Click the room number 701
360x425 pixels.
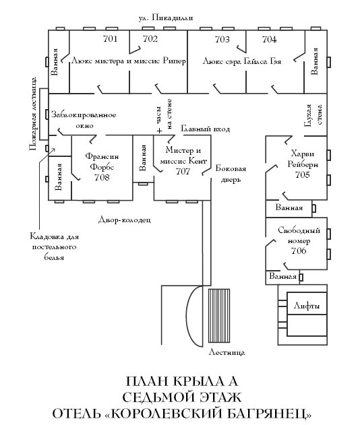click(x=111, y=39)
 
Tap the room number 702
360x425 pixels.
click(x=150, y=39)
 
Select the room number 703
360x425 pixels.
click(x=222, y=39)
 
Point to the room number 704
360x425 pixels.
click(x=268, y=39)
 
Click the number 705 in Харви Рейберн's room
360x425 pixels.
click(x=302, y=174)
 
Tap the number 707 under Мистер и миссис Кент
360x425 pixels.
click(x=183, y=172)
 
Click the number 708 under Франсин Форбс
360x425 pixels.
click(x=102, y=177)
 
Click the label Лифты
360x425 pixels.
click(x=306, y=306)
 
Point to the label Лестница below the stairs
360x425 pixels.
click(x=227, y=352)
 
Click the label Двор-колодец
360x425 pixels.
click(x=124, y=220)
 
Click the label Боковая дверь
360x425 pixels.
click(x=231, y=174)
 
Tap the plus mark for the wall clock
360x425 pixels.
click(x=159, y=130)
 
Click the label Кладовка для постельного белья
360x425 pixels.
click(x=56, y=247)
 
